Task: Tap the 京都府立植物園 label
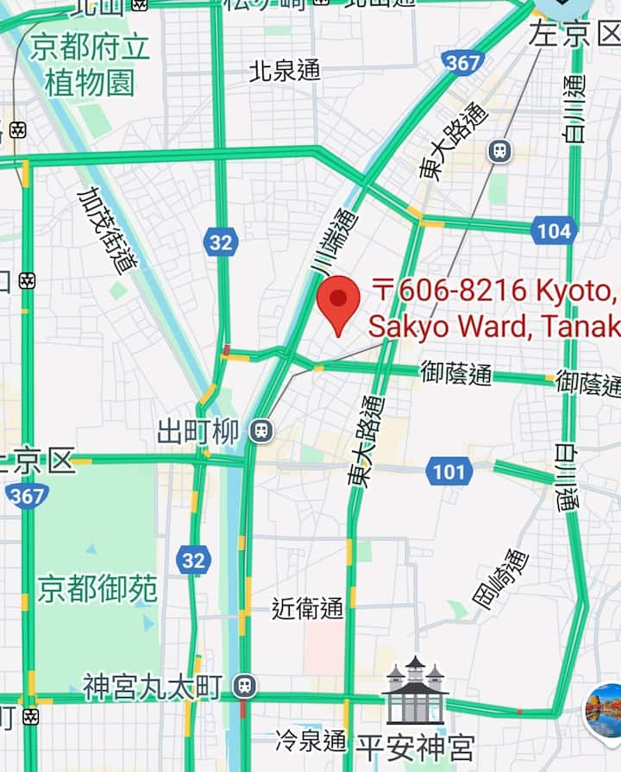90,65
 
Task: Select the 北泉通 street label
284,70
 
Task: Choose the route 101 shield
448,471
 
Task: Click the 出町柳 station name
198,431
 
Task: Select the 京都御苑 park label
97,590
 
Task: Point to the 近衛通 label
307,608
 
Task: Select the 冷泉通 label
310,740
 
